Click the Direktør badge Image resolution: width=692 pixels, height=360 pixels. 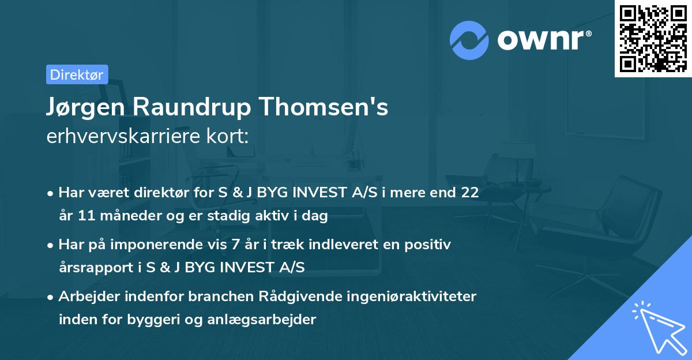[77, 74]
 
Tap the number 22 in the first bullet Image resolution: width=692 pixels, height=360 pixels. [469, 192]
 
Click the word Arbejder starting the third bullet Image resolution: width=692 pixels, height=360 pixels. [88, 297]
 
